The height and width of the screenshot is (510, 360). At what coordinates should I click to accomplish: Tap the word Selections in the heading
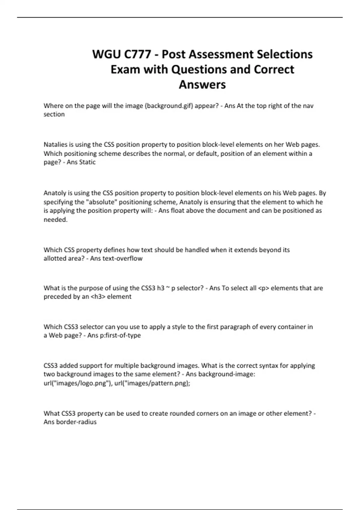click(283, 55)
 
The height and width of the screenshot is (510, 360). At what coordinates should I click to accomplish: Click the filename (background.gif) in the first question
click(169, 106)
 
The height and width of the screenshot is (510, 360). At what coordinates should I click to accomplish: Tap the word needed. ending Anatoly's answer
click(55, 220)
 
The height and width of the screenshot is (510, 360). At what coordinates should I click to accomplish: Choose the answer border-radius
click(76, 422)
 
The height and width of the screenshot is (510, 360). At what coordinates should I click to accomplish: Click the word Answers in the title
click(202, 85)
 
